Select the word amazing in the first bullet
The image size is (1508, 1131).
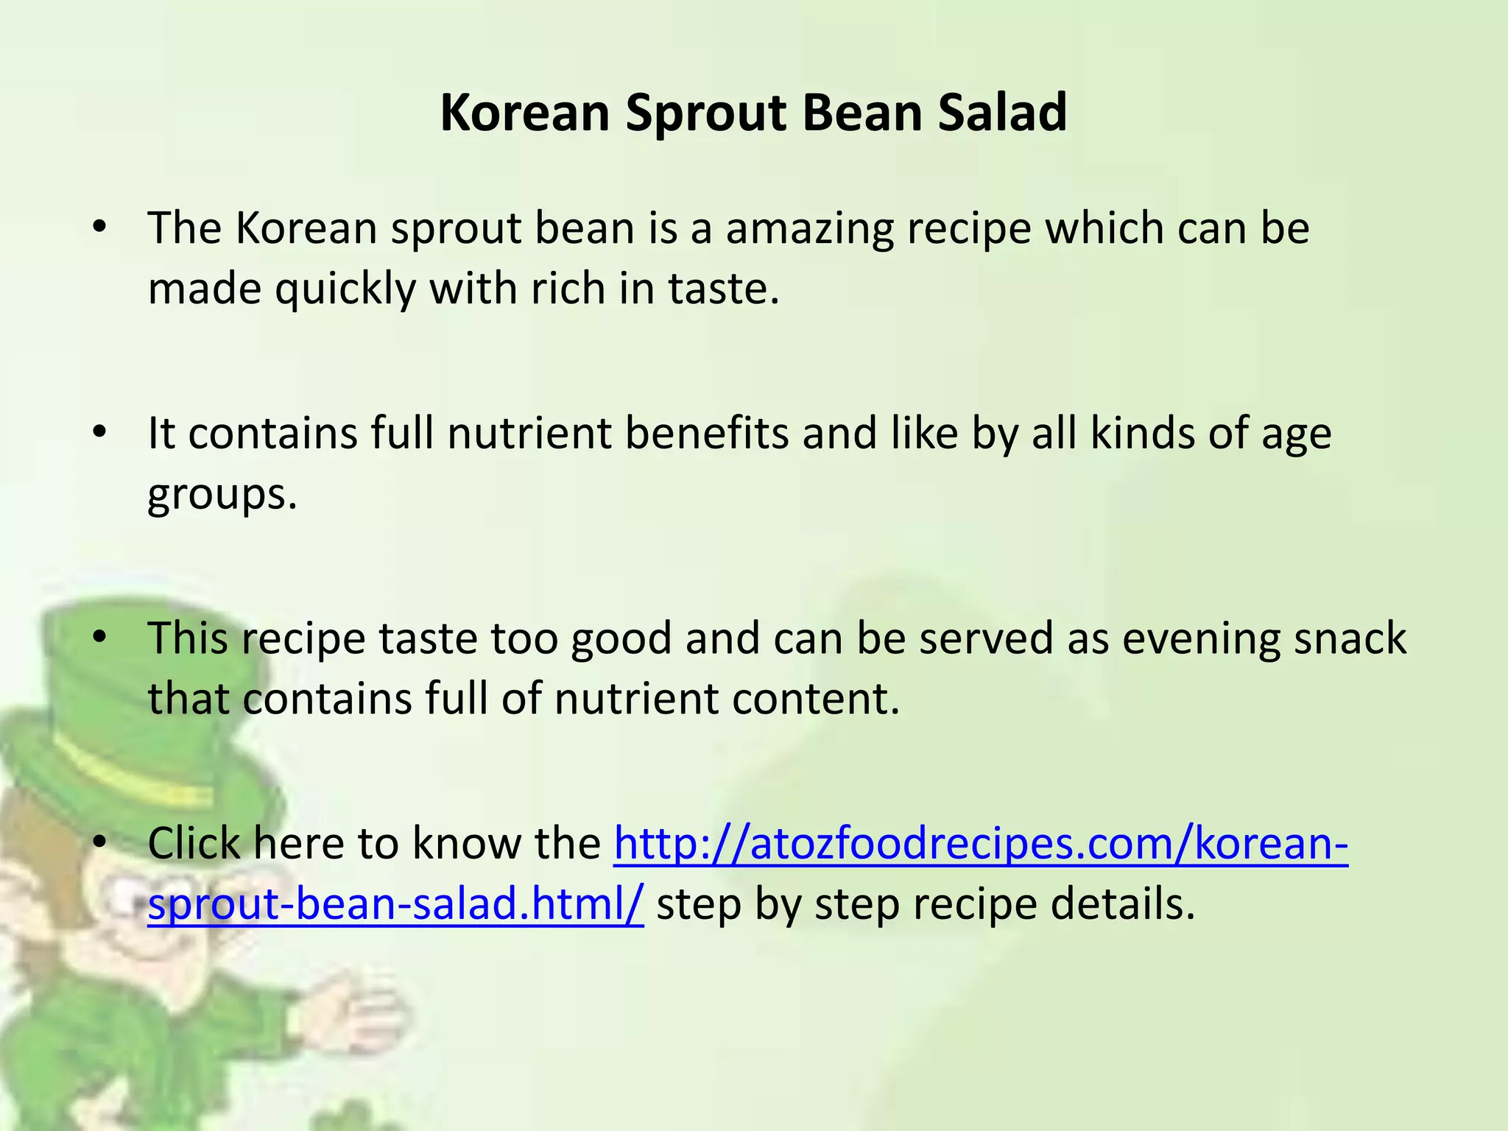809,229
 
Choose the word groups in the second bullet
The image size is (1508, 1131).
222,495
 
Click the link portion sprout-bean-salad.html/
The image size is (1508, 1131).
396,904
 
